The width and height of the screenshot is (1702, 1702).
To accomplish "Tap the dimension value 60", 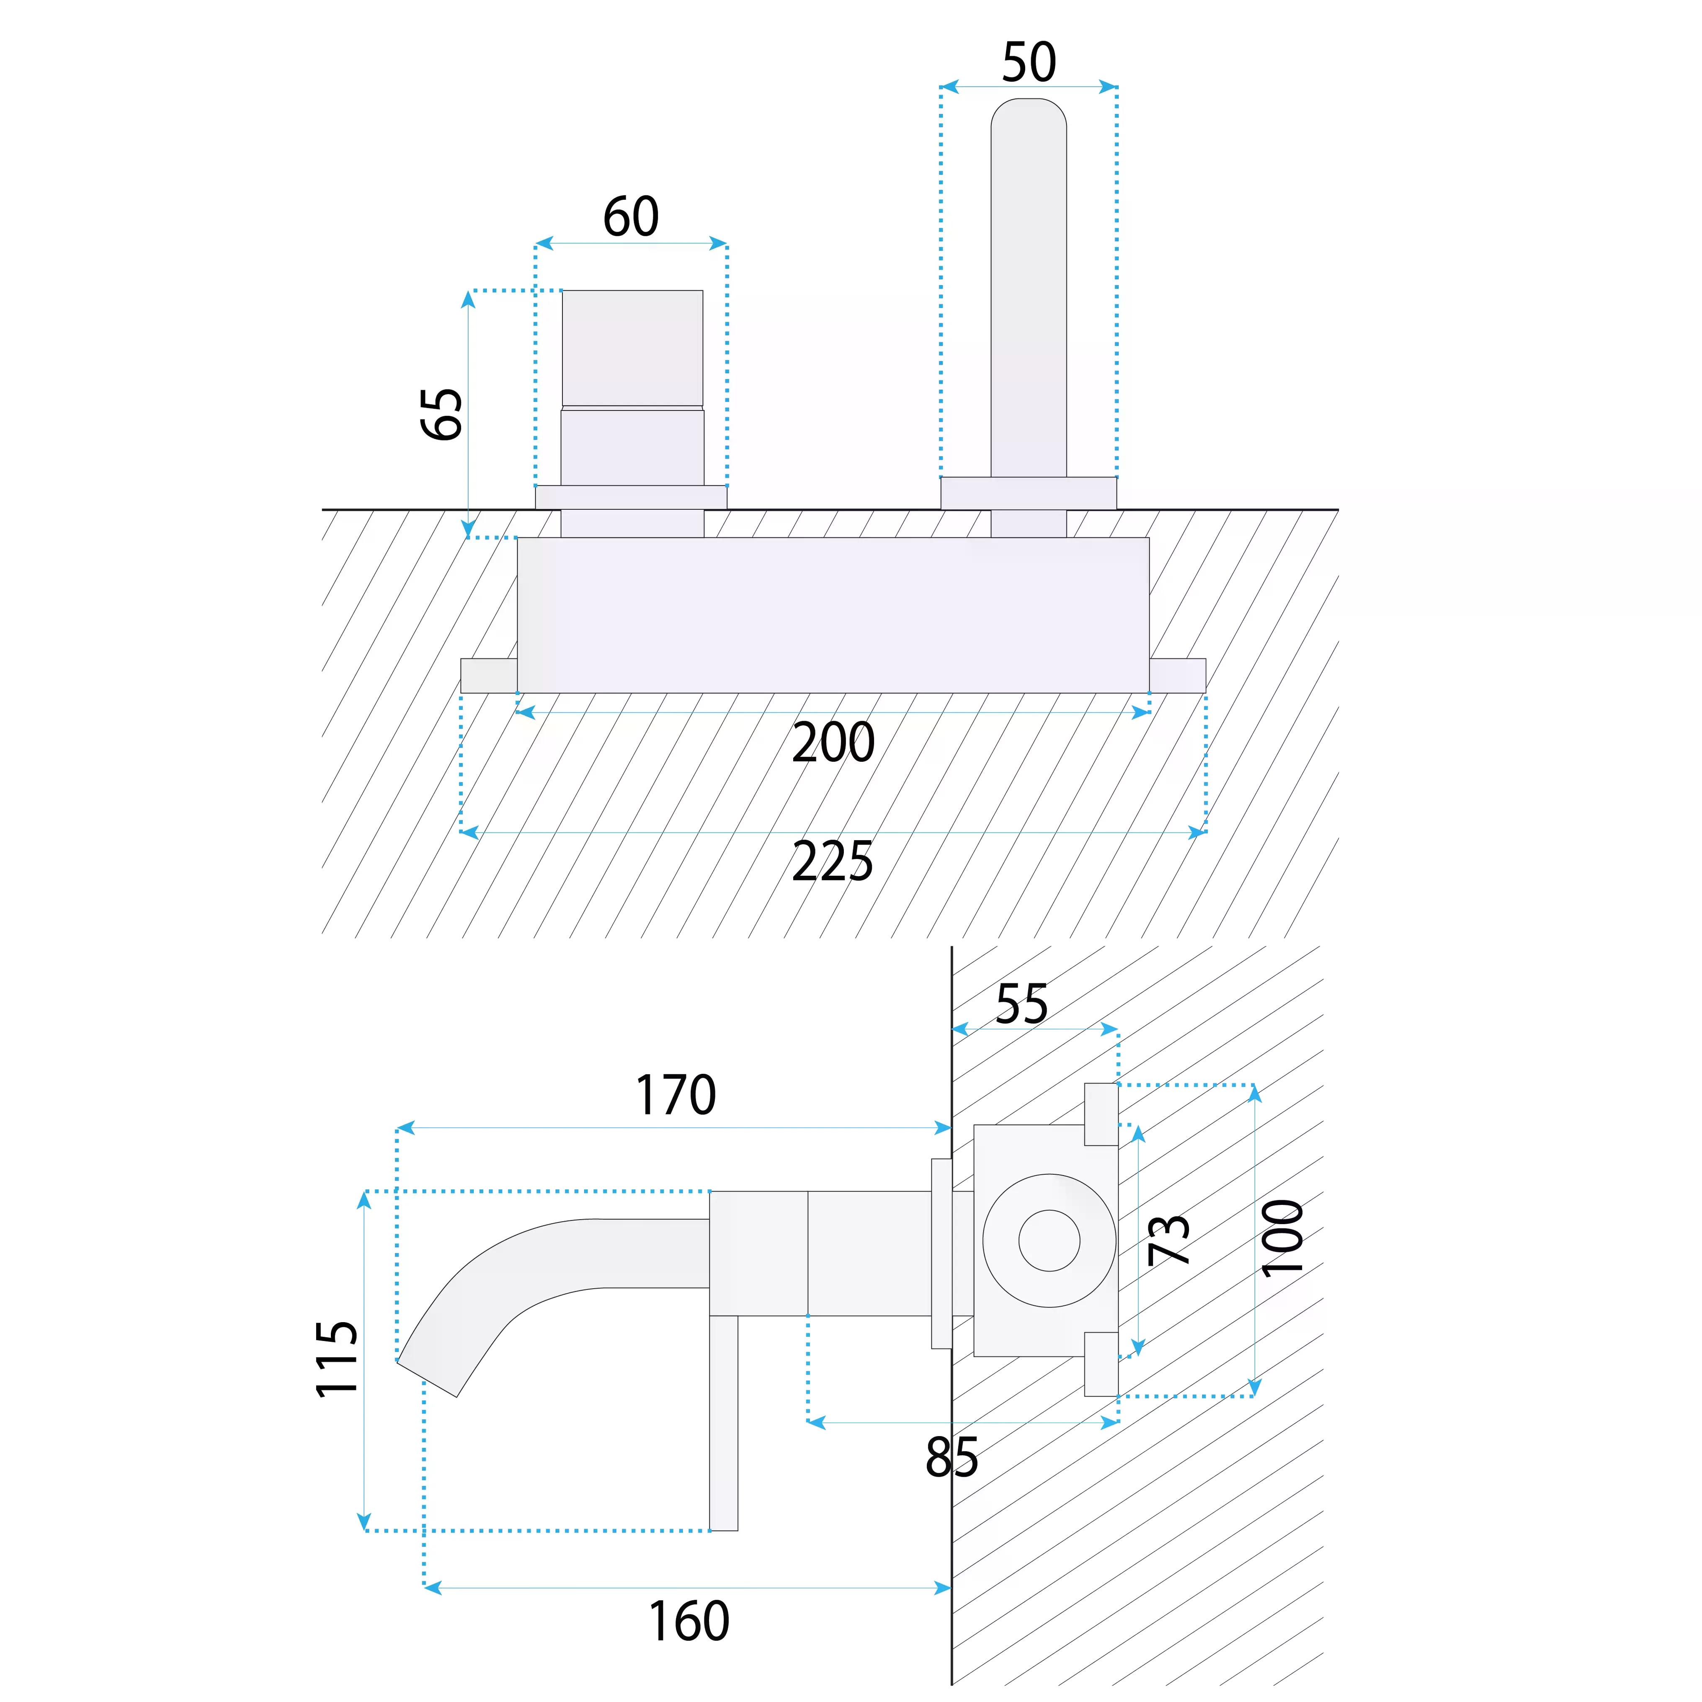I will (x=631, y=217).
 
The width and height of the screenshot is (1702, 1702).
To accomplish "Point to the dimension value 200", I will (x=833, y=743).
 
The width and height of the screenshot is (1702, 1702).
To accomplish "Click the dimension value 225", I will (x=833, y=861).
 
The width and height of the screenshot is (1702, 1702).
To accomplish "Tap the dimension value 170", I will (x=676, y=1095).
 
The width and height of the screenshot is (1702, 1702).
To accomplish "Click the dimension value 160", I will (x=689, y=1621).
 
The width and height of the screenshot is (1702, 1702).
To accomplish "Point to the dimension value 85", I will (x=952, y=1457).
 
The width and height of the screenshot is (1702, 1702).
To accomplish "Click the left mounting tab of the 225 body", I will (x=488, y=676).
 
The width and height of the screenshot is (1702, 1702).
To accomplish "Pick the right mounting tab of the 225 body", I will (x=1177, y=676).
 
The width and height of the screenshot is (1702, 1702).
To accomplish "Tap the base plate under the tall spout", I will (x=1028, y=493).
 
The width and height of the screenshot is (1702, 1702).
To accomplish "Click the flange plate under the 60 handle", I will (x=631, y=497).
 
